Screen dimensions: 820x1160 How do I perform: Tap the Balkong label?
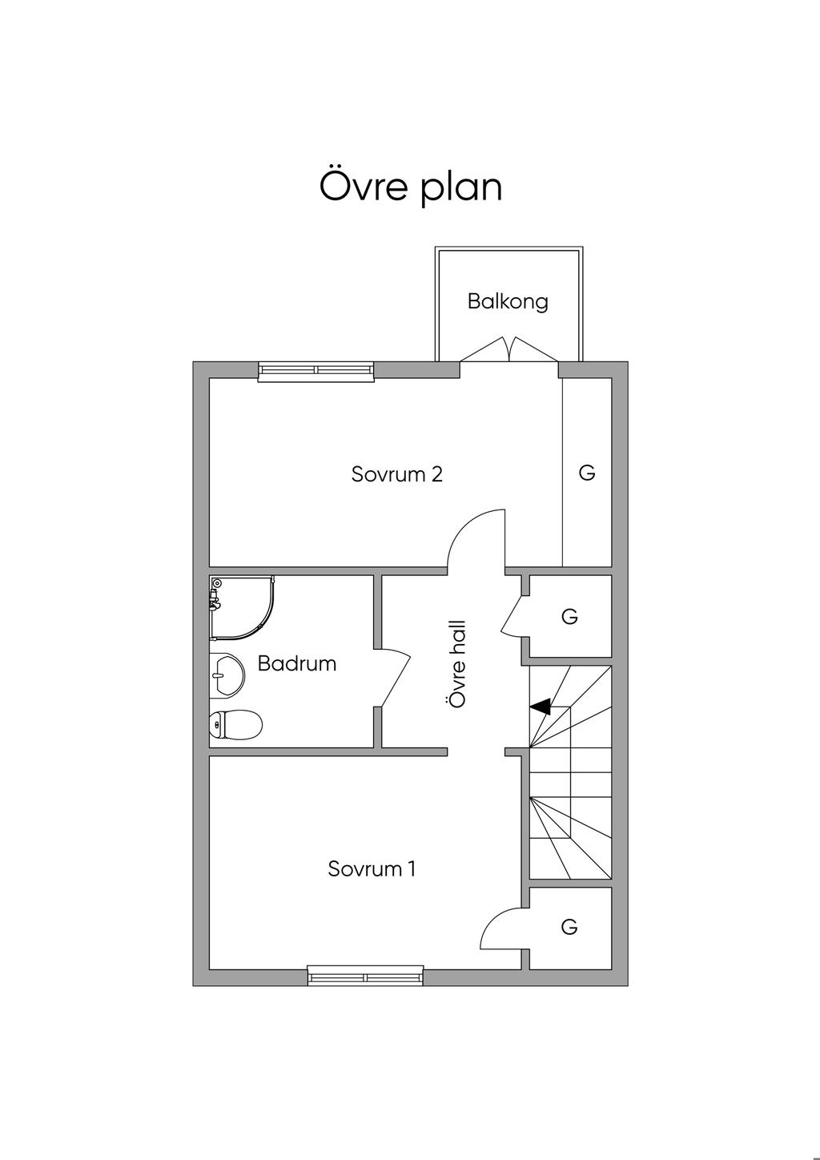[508, 301]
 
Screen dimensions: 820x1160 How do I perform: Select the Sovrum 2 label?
[397, 473]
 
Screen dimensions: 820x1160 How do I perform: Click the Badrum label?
[297, 663]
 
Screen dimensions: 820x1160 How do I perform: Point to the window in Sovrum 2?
[316, 370]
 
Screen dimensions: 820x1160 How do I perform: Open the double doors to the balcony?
[508, 349]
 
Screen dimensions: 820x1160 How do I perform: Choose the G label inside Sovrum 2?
[587, 472]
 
